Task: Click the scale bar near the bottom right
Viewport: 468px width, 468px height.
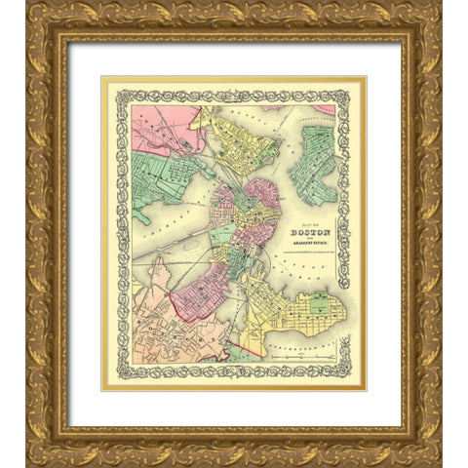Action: click(310, 358)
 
